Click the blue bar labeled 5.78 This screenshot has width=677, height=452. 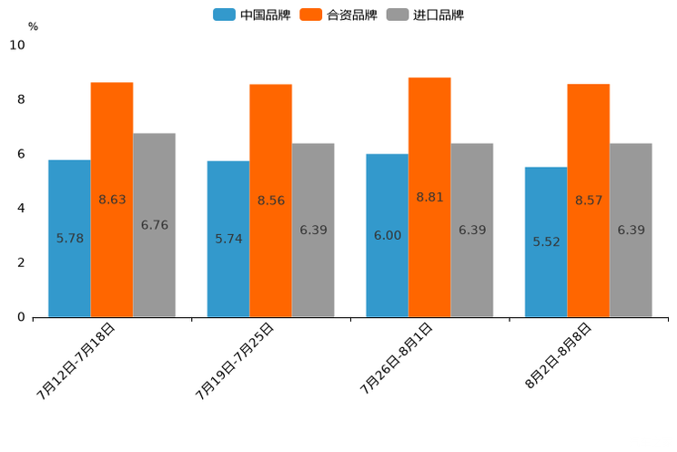click(x=69, y=239)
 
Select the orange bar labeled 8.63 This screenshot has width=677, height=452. click(x=112, y=200)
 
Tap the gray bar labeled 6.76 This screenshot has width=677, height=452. click(x=155, y=225)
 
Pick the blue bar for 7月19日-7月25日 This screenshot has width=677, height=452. click(x=228, y=239)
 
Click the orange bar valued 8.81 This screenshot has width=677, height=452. click(x=429, y=197)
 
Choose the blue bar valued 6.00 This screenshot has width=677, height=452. click(x=387, y=235)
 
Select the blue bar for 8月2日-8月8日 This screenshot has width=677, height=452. click(x=546, y=241)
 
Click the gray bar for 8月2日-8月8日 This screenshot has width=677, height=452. click(x=631, y=230)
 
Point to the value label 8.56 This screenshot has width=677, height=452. click(x=271, y=200)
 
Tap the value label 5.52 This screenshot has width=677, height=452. click(x=546, y=242)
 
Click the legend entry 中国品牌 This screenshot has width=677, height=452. click(x=253, y=15)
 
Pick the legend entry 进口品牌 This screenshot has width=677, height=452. click(x=427, y=15)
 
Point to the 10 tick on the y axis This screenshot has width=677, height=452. click(x=17, y=46)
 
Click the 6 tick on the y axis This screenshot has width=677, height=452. click(x=21, y=154)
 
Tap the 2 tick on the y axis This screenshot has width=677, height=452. click(x=21, y=263)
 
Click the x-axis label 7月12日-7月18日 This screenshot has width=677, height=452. click(x=76, y=361)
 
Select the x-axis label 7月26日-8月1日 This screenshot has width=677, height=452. click(x=396, y=358)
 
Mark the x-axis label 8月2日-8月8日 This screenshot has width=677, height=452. click(x=559, y=355)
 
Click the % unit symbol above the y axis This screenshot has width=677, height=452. click(x=33, y=26)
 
